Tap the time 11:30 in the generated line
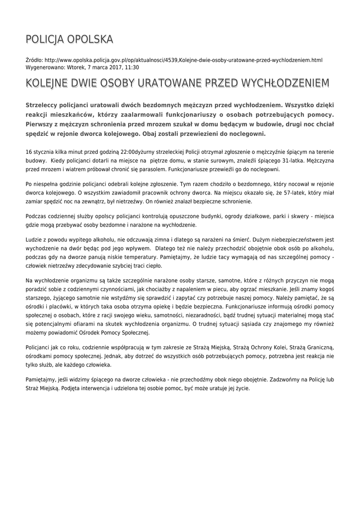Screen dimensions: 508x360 tap(132, 67)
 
